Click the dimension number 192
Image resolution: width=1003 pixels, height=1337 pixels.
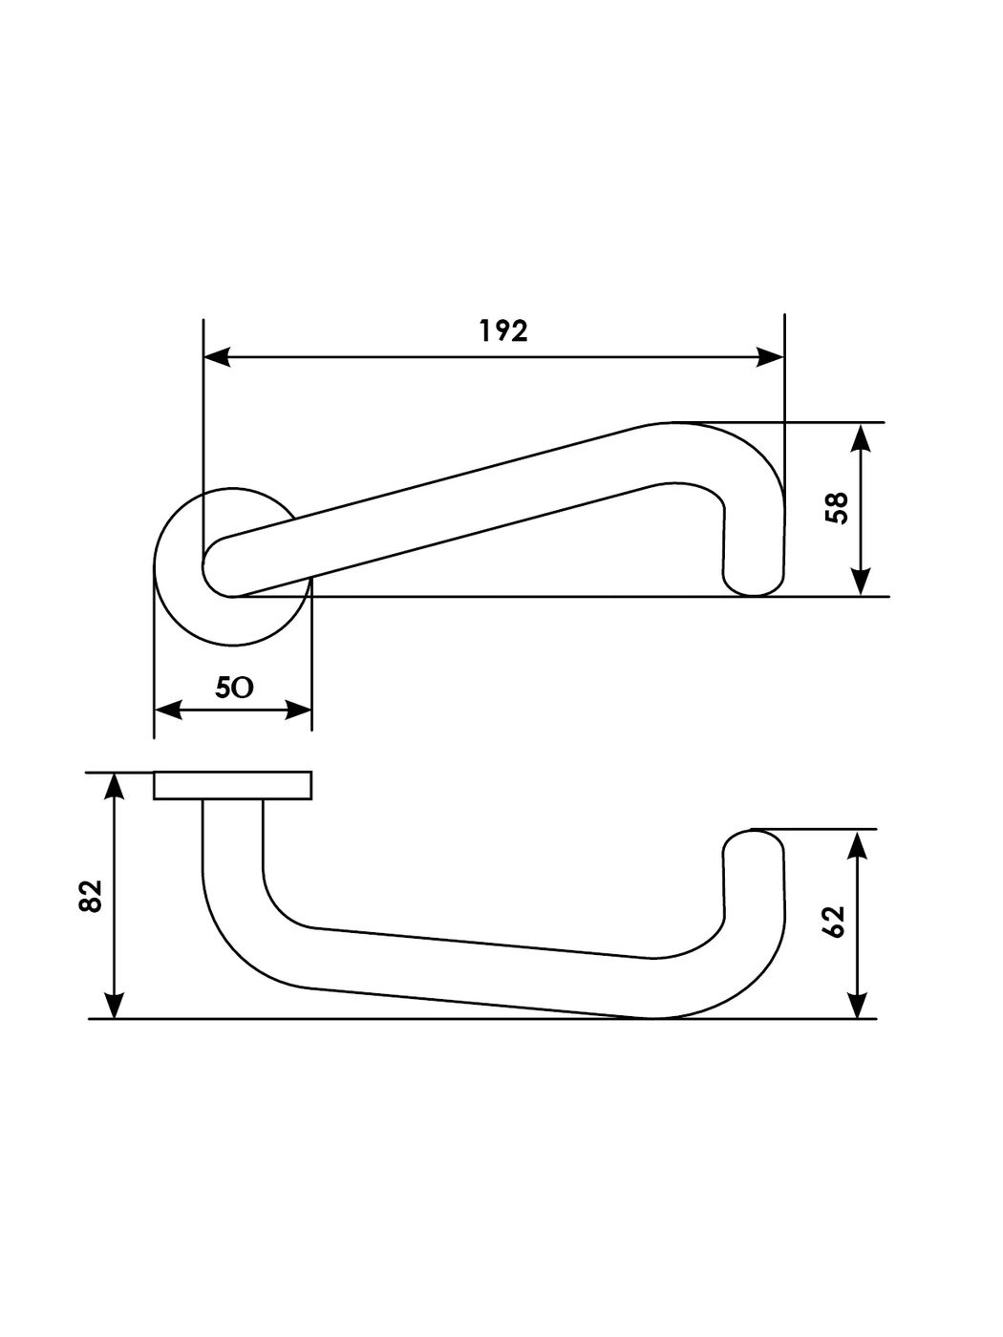[x=503, y=330]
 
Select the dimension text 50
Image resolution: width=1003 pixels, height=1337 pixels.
[x=234, y=688]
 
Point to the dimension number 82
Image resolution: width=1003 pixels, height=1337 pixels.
[x=90, y=896]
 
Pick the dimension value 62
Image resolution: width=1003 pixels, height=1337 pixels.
[x=835, y=922]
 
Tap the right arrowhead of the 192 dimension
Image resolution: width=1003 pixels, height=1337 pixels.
[x=770, y=357]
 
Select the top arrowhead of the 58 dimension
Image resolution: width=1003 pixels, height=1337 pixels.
[x=861, y=438]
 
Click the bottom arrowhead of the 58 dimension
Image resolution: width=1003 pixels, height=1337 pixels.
[x=861, y=581]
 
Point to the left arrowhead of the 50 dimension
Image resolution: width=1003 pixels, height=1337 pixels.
[x=168, y=710]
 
